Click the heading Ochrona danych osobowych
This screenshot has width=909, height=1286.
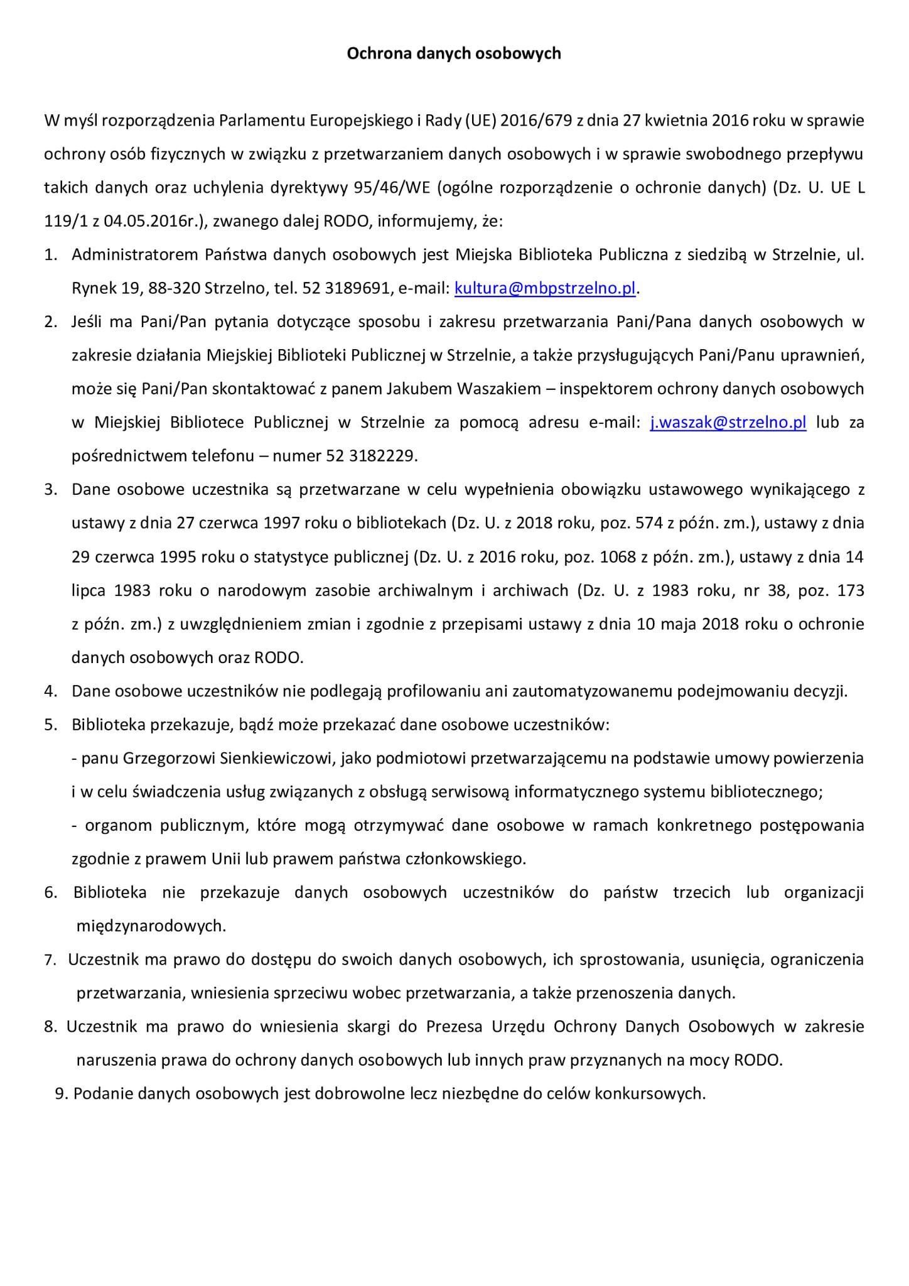pos(454,53)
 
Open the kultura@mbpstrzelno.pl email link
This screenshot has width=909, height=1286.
pos(545,288)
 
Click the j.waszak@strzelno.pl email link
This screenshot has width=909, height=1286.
pos(728,422)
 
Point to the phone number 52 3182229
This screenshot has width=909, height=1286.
pos(371,456)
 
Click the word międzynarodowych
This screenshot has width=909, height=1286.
pos(150,926)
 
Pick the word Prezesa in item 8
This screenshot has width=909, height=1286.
pos(455,1026)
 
